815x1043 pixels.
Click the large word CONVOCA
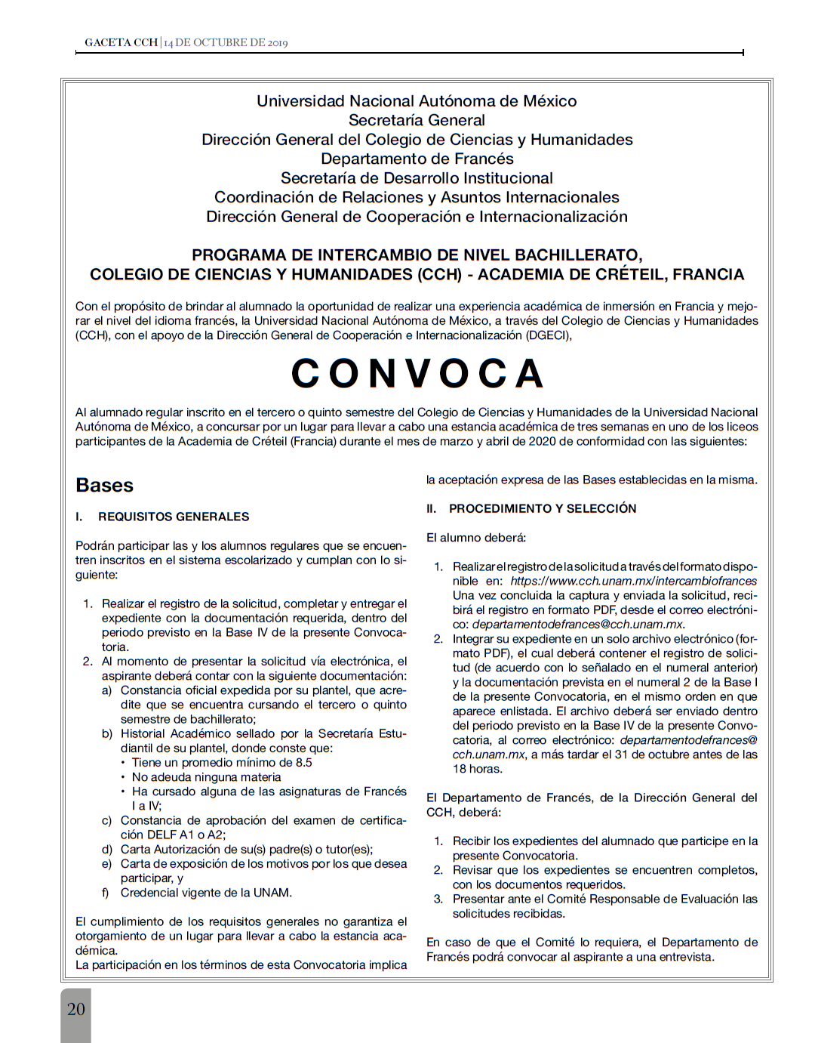417,374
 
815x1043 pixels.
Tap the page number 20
76,1009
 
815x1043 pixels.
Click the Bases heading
104,486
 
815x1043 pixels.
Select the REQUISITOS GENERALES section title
174,517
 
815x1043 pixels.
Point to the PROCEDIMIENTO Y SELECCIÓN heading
543,508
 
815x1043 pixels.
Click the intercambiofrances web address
633,581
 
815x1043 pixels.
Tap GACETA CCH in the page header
121,42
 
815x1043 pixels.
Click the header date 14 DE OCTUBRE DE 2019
226,42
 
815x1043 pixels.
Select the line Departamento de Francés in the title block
417,159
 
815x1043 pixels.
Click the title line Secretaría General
417,120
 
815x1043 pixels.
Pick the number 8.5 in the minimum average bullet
303,763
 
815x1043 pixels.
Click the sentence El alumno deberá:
476,538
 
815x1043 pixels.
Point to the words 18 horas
477,769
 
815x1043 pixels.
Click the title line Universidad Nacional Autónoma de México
417,101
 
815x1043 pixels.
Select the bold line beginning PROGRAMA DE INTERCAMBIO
417,255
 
